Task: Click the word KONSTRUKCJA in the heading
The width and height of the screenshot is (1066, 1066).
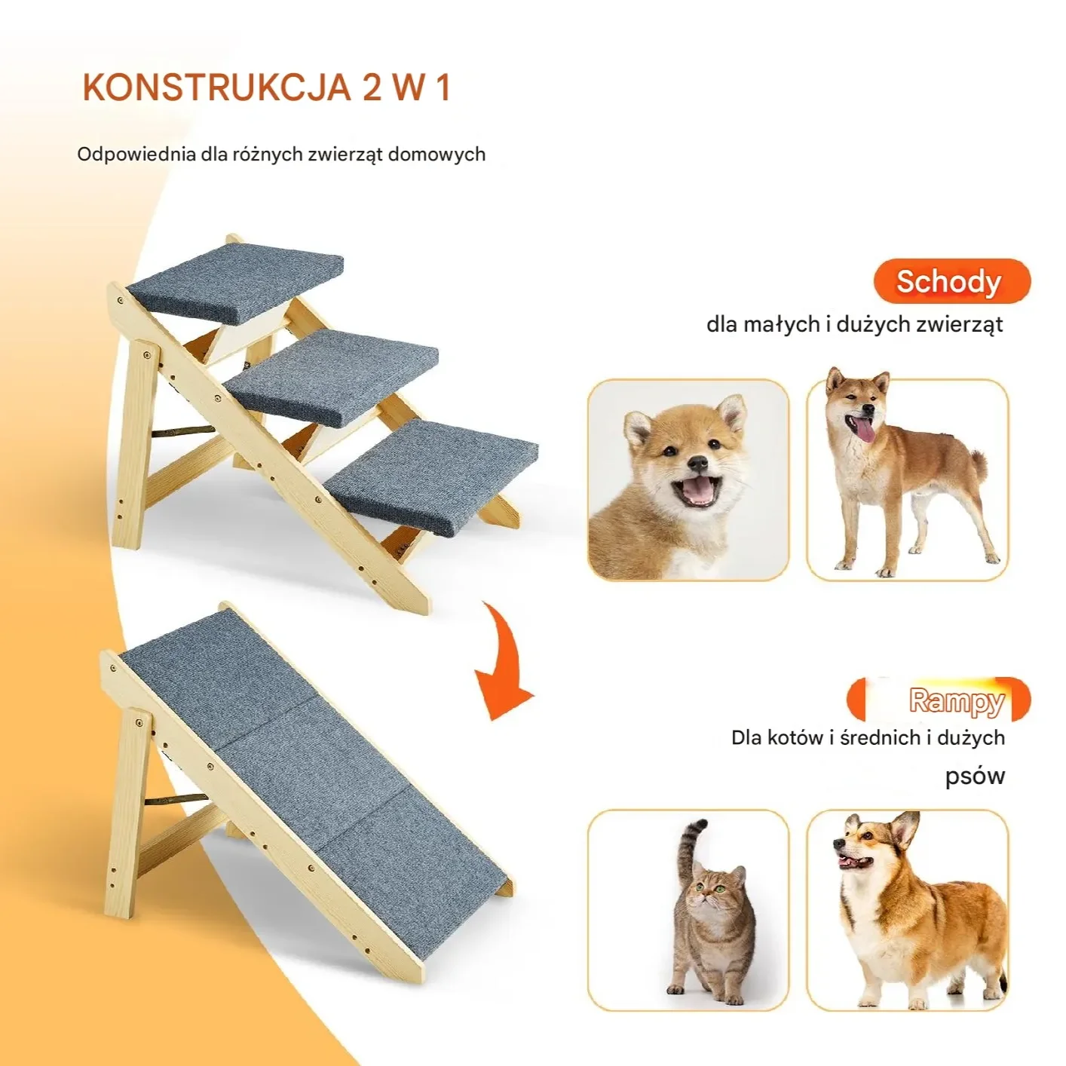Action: pyautogui.click(x=216, y=87)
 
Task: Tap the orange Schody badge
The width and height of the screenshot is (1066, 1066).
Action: pyautogui.click(x=951, y=281)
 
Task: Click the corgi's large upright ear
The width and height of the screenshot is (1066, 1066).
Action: pyautogui.click(x=905, y=837)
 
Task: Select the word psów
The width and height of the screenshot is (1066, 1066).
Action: pyautogui.click(x=975, y=776)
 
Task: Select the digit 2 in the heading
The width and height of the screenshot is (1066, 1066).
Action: pyautogui.click(x=372, y=87)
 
